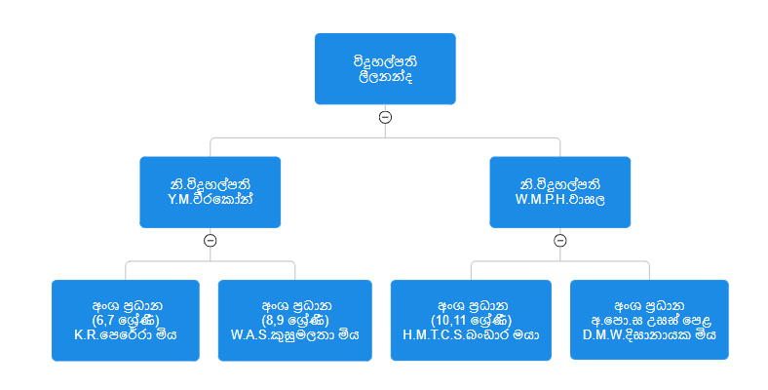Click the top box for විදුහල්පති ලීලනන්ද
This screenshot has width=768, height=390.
(385, 67)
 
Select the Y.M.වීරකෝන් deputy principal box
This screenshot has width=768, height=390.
(210, 191)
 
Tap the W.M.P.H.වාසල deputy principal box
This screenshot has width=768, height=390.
(559, 191)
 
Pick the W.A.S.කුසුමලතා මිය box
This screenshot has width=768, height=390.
(294, 320)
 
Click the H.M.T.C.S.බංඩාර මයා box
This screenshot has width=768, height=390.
(472, 320)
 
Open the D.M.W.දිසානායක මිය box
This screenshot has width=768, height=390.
(649, 320)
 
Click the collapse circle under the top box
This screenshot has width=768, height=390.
(385, 117)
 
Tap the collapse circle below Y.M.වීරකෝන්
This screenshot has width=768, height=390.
(210, 240)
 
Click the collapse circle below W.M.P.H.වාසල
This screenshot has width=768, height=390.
(559, 240)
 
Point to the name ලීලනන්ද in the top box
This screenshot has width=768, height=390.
(385, 76)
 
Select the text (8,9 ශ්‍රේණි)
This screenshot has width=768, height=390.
(294, 320)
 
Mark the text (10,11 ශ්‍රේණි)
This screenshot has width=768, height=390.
(472, 320)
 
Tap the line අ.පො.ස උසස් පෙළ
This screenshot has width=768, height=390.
(649, 320)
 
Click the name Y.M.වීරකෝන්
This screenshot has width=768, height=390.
(210, 199)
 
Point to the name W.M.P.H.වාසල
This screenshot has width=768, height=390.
(559, 199)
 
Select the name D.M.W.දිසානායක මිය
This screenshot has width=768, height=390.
(649, 333)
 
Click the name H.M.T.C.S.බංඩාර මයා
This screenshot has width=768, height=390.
(472, 333)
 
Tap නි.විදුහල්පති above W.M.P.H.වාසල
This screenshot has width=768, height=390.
(559, 183)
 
